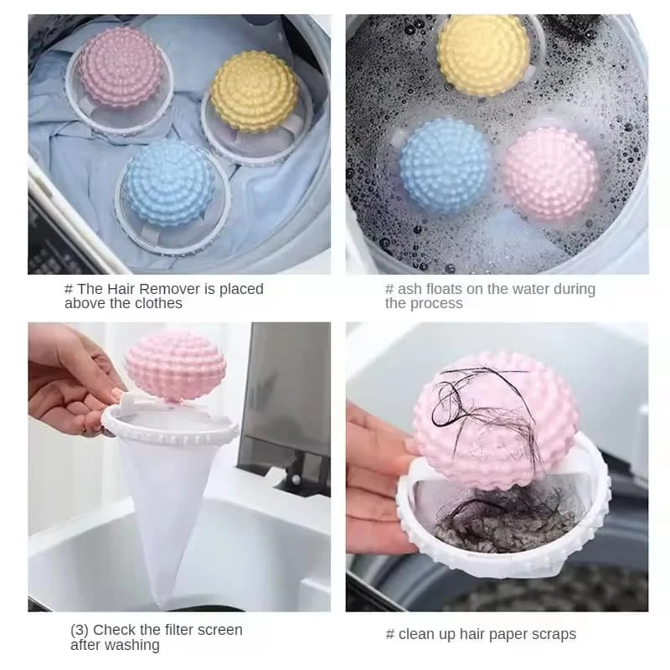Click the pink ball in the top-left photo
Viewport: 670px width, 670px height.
pos(122,67)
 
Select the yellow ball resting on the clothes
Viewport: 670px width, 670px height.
pos(254,91)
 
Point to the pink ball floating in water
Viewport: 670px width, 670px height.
pos(551,174)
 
